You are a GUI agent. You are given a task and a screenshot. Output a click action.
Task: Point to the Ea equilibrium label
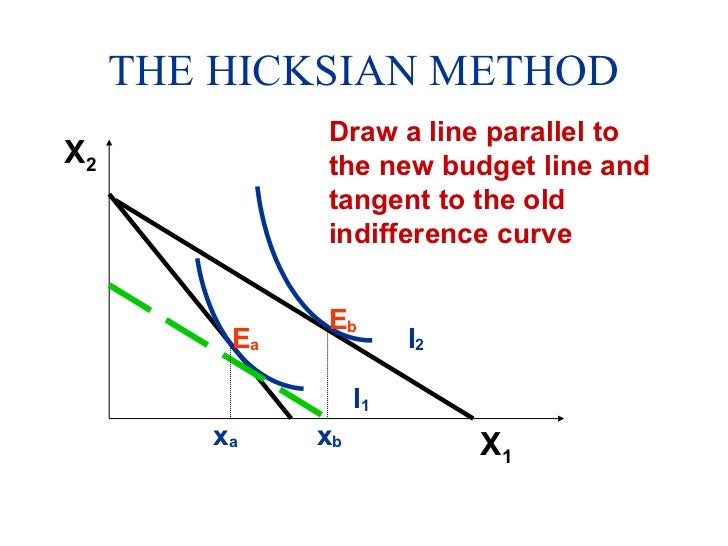point(246,340)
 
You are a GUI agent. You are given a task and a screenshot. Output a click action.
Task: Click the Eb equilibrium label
point(343,322)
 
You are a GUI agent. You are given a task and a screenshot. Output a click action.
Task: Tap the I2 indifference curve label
point(415,340)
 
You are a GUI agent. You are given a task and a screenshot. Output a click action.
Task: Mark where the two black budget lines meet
point(111,197)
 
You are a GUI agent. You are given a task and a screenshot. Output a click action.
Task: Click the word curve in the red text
point(536,234)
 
